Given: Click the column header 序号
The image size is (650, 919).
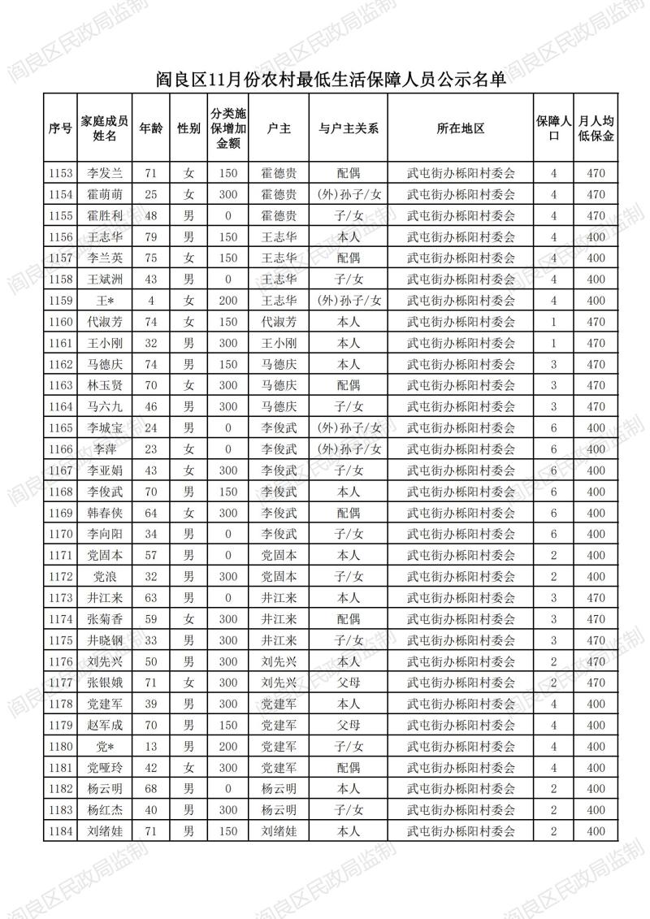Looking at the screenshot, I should pos(61,128).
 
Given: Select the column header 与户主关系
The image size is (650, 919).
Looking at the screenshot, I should pos(349,128).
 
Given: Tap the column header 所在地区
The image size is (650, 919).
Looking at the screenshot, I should pos(461,128).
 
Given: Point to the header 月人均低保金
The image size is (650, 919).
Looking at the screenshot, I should pos(596,128).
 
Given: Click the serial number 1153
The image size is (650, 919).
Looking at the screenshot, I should pos(61,173).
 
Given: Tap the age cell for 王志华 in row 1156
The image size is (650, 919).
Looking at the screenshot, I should pos(149,236).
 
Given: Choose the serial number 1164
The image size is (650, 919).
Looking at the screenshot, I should pos(61,406).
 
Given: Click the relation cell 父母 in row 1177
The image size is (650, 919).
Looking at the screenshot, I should pos(349,683).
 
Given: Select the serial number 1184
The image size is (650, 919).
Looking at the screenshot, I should pos(61,831).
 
